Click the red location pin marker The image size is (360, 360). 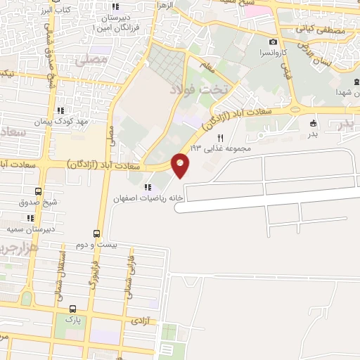(x=181, y=166)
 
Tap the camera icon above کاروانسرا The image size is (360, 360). (x=273, y=42)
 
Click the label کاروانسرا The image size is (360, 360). (x=273, y=53)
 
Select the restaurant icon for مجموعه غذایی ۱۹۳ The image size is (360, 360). (x=220, y=139)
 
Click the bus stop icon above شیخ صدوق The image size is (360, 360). (x=38, y=191)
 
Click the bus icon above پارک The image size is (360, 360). (x=72, y=309)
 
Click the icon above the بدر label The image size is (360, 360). (x=313, y=123)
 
